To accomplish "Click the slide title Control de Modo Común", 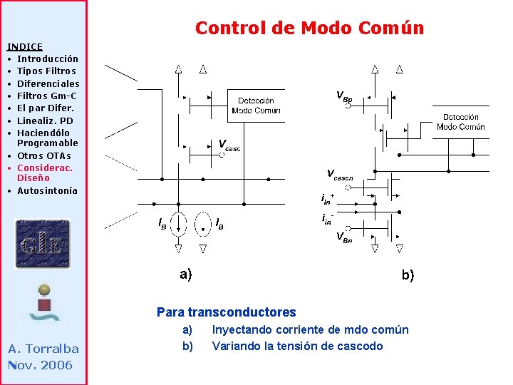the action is (x=309, y=28).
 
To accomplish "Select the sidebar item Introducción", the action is (x=47, y=58).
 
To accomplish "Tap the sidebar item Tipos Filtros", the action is (x=46, y=71).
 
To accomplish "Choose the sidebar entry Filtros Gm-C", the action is (x=46, y=96).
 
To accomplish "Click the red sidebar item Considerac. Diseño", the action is (x=44, y=173).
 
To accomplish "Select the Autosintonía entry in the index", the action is (x=47, y=190).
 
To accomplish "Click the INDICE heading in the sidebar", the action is (x=25, y=46).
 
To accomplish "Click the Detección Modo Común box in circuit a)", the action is (x=256, y=106).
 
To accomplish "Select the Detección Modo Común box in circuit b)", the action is (x=460, y=122).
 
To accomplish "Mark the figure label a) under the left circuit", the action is (x=185, y=274).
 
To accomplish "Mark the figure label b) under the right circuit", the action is (x=408, y=275).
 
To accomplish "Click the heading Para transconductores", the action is (x=226, y=312).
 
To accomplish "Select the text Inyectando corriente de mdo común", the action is (x=310, y=329).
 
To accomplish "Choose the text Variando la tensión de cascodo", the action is (x=297, y=346).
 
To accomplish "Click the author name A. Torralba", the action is (x=43, y=349).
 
